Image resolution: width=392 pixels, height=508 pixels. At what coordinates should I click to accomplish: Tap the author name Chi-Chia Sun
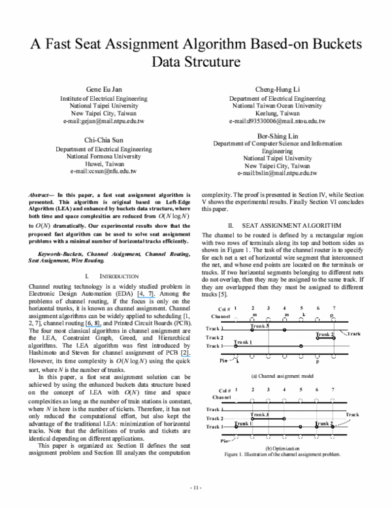[x=105, y=140]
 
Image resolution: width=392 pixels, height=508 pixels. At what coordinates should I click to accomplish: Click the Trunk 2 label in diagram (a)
[x=325, y=335]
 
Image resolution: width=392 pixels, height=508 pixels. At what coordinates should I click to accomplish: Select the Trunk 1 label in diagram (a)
[x=243, y=342]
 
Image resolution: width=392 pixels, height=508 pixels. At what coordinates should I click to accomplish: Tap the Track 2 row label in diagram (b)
[x=214, y=418]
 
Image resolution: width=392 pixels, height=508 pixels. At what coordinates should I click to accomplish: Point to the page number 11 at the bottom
[x=196, y=488]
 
